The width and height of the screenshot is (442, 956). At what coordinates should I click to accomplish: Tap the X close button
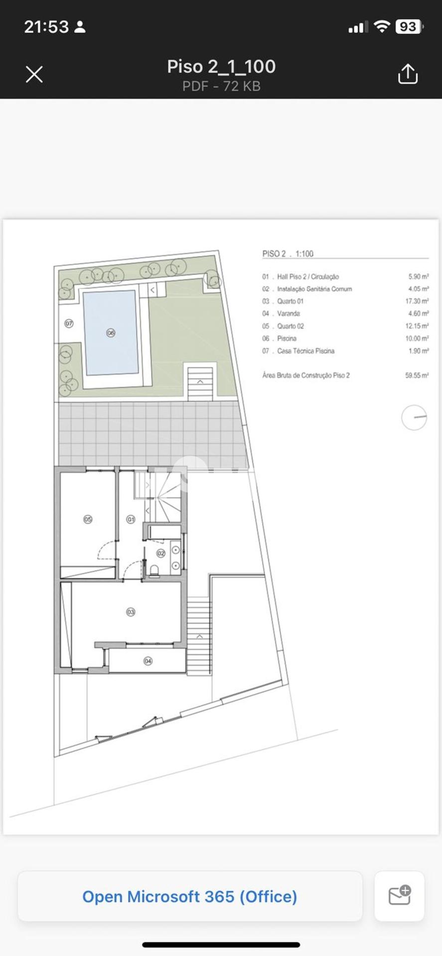pos(34,74)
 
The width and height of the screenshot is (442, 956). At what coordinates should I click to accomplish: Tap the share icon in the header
pos(408,74)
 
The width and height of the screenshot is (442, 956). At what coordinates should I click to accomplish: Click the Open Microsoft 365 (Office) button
pos(190,896)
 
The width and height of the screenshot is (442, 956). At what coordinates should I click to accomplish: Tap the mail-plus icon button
pos(399,896)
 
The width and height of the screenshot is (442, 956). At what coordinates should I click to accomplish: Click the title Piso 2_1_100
pos(221,66)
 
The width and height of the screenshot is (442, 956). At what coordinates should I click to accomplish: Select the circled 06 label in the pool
pos(111,333)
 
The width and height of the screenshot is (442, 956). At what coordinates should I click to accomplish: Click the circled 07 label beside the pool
pos(69,324)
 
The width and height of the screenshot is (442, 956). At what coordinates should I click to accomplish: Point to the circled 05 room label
pos(88,519)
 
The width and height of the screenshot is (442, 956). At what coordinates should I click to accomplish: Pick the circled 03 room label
pos(131,612)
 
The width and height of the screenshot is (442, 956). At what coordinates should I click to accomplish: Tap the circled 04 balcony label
pos(148,661)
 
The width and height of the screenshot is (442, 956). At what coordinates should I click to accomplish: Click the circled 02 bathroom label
pos(161,553)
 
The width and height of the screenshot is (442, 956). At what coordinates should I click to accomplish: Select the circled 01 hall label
pos(131,519)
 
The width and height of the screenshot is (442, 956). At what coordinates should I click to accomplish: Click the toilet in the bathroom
pos(154,569)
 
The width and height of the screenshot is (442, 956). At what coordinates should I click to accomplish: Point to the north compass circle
pos(414,417)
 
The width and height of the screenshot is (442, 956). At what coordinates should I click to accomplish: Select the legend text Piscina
pos(287,339)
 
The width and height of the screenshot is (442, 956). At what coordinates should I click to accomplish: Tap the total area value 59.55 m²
pos(417,375)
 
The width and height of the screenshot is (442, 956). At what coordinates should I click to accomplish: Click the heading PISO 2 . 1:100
pos(288,253)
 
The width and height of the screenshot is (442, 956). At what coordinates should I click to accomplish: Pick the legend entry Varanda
pos(289,314)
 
